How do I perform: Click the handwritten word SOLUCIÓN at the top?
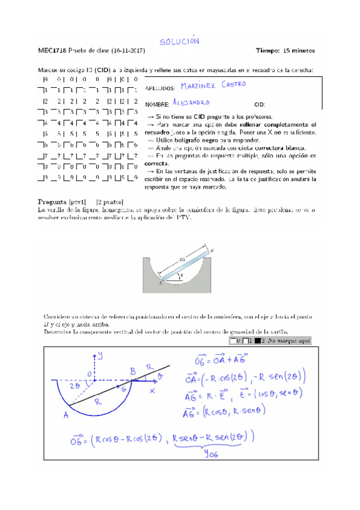click(x=178, y=41)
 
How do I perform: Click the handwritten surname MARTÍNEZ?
click(x=199, y=86)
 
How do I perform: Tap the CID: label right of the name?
click(x=260, y=104)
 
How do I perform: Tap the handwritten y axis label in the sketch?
click(x=100, y=355)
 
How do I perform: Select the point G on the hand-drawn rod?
click(x=123, y=390)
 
